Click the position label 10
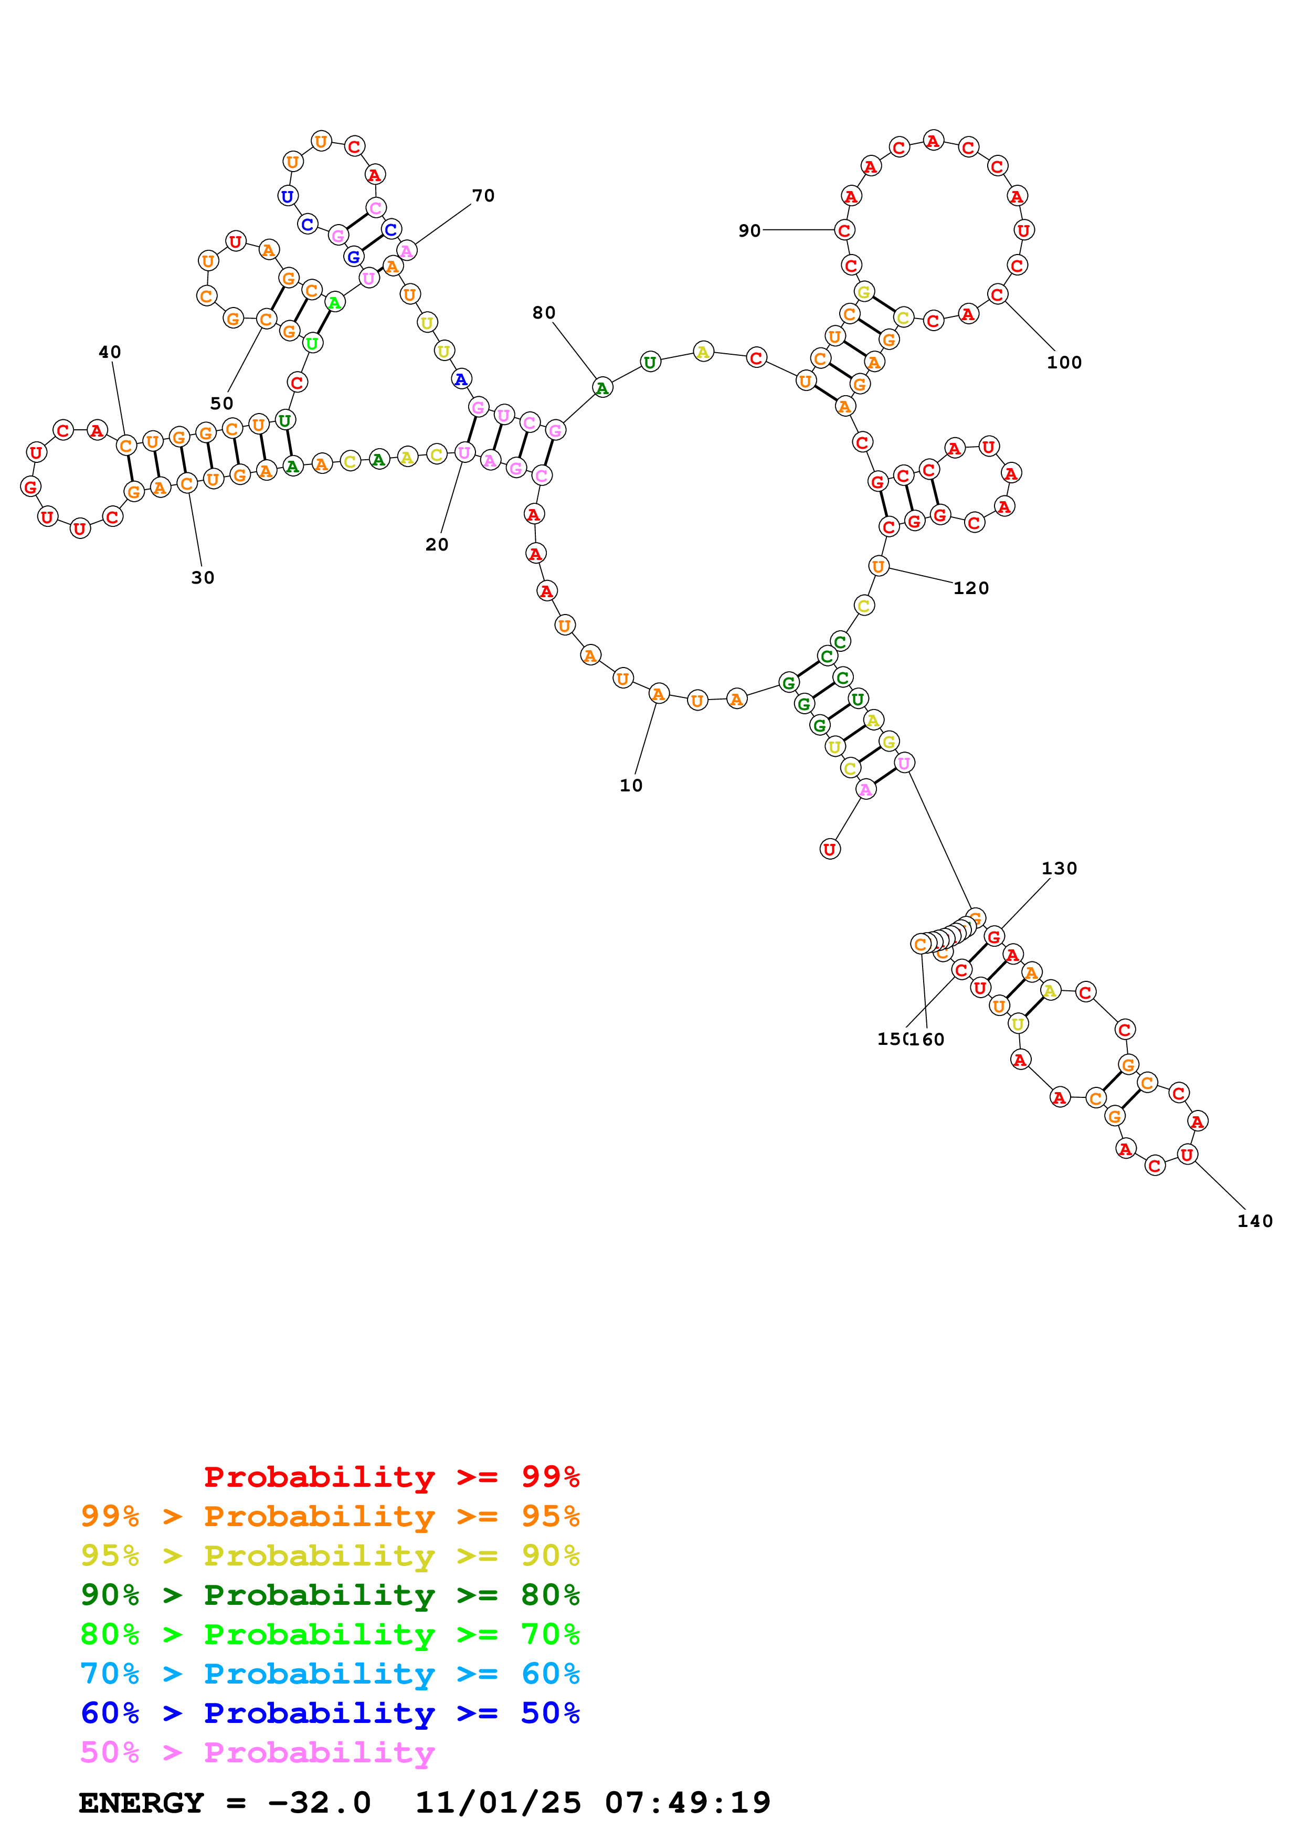pos(631,786)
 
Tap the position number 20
pos(437,545)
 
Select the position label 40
pos(110,352)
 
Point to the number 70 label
pos(483,196)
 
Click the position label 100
pos(1064,363)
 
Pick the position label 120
pos(971,588)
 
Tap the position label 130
pos(1059,869)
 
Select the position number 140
pos(1254,1221)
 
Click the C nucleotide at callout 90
pos(844,230)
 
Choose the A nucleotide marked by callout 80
pos(602,388)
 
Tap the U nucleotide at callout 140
pos(1187,1155)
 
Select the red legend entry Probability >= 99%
pos(391,1477)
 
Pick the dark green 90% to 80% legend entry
pos(330,1595)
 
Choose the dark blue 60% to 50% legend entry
pos(330,1713)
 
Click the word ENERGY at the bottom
pos(141,1803)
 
